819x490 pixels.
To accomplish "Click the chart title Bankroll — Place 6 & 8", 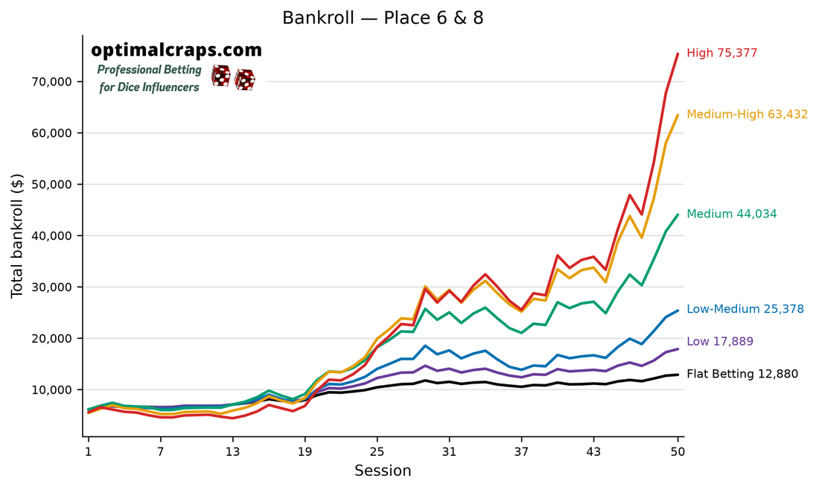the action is click(383, 19).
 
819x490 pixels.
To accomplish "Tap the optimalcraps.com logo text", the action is click(176, 50).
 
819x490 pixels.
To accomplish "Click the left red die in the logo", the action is click(220, 76).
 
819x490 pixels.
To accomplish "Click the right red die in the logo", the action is click(244, 80).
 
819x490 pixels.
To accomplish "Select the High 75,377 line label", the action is click(722, 53).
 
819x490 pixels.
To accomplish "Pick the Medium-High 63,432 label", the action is click(747, 115).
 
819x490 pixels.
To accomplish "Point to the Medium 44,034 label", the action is click(731, 214).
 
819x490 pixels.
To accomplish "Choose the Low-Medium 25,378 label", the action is click(745, 309).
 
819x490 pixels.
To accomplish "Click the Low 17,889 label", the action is click(720, 342).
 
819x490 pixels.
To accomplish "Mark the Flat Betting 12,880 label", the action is click(742, 374).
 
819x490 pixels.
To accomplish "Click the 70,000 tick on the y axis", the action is click(51, 82).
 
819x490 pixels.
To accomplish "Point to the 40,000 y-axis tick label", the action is click(51, 236).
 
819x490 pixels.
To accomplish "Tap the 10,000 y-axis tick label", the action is click(51, 390).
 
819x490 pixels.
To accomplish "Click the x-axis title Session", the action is click(383, 471).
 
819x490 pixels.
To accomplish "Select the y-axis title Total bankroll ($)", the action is click(17, 235).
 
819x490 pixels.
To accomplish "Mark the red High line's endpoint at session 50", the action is click(678, 54).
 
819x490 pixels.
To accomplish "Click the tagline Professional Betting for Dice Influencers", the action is click(150, 78).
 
